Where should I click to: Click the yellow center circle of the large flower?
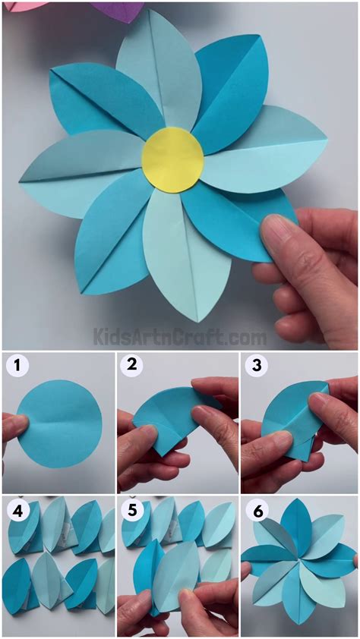(x=172, y=159)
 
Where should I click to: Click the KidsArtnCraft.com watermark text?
(x=179, y=336)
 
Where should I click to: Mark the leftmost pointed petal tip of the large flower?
(x=23, y=178)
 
